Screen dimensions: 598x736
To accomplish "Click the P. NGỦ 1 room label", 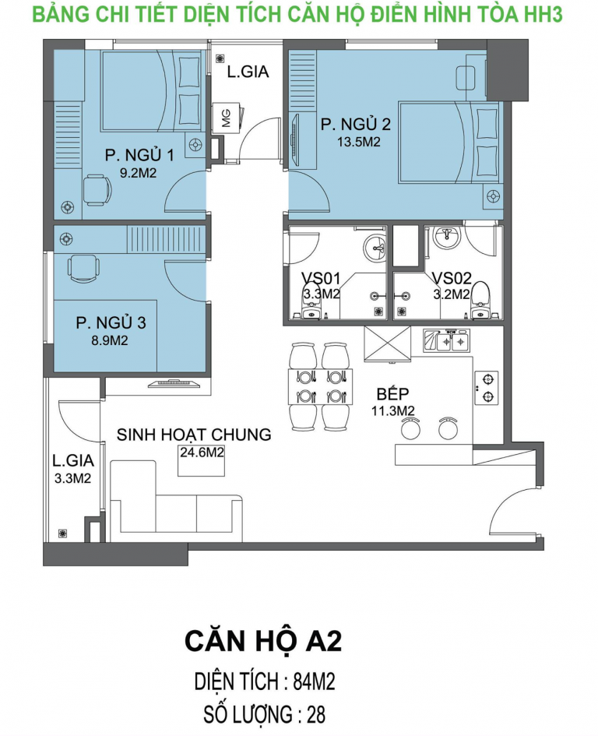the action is pos(139,155).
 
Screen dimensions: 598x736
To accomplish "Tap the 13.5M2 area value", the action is pos(359,142).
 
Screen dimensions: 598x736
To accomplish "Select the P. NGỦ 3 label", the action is pos(111,322).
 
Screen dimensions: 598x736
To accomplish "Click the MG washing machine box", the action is pos(227,118).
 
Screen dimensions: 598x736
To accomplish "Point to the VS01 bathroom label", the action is pos(321,278).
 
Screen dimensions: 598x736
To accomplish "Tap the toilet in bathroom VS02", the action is pos(480,301).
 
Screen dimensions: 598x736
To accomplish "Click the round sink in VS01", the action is pos(376,247).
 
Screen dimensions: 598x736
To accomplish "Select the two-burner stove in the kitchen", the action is pos(487,387).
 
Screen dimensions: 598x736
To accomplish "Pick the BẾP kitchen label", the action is pos(393,394).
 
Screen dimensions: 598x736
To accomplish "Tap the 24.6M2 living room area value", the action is pos(202,453).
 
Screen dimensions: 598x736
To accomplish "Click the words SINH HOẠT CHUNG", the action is pos(194,435).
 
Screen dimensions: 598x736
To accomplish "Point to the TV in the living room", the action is pos(174,383).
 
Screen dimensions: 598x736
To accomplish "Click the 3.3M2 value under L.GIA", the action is pos(72,479).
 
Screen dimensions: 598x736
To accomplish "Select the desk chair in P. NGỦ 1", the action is pos(98,189).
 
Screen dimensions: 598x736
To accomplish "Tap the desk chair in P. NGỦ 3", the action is pos(84,269).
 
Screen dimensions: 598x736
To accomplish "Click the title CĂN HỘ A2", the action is pos(263,641).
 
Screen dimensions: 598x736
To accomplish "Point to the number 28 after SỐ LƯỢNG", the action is pos(316,715).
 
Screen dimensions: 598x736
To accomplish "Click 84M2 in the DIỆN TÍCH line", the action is pos(314,681).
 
